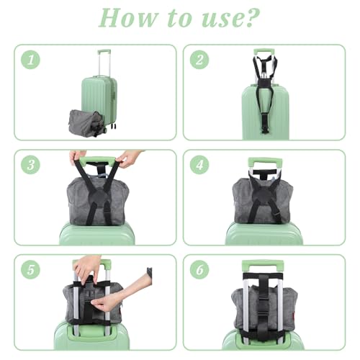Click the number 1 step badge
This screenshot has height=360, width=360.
30,60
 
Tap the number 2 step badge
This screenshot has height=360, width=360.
199,60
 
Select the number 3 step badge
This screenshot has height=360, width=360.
30,165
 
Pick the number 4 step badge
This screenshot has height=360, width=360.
199,165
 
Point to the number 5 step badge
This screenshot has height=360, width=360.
30,269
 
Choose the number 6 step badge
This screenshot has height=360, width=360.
199,269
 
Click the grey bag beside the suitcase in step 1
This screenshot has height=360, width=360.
87,123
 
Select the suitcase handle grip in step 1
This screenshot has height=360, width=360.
104,51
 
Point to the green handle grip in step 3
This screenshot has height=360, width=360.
98,161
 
